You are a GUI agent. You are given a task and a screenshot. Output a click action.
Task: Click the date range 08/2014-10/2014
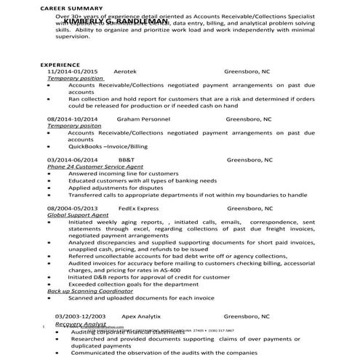click(73, 118)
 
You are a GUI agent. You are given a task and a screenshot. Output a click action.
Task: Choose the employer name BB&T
click(126, 159)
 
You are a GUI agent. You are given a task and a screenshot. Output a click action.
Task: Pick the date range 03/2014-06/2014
click(73, 159)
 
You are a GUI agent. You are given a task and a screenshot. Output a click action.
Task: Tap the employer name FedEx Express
click(139, 207)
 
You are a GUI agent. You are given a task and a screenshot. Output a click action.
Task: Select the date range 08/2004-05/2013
click(73, 207)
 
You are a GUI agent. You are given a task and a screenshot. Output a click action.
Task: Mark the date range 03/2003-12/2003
click(81, 317)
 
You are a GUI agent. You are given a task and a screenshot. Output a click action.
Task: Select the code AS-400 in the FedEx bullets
click(190, 270)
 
